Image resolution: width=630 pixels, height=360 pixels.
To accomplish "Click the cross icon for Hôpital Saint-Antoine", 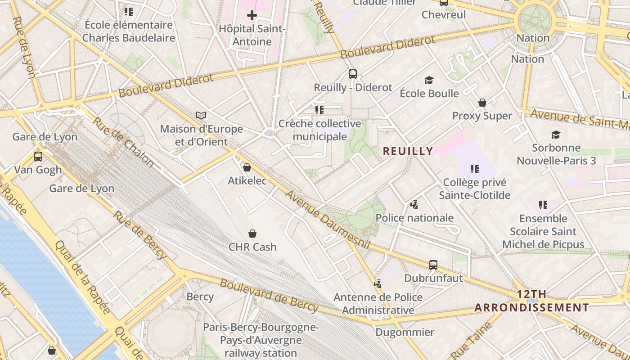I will [252, 15].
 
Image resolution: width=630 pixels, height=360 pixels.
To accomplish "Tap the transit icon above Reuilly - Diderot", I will [353, 74].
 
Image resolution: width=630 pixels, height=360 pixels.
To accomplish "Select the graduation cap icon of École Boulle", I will [429, 81].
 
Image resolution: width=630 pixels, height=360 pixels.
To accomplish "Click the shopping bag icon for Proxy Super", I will [482, 103].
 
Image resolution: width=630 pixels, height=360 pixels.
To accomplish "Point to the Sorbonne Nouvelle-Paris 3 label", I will [556, 154].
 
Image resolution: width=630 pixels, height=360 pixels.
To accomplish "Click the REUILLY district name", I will [408, 151].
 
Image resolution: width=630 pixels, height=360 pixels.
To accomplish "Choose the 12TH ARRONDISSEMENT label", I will [532, 301].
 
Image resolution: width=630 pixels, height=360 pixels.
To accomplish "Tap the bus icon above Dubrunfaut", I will [433, 265].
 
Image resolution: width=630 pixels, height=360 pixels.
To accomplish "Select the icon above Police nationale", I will [414, 205].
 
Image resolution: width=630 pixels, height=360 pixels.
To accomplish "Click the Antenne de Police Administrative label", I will [378, 304].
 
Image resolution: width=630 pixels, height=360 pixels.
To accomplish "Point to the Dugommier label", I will [405, 333].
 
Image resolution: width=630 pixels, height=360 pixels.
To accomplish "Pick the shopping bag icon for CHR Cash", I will [252, 234].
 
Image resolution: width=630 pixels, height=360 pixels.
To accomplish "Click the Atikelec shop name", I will [247, 181].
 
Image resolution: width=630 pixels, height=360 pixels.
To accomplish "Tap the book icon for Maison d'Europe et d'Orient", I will [201, 116].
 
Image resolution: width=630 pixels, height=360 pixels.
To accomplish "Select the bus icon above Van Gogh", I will [38, 157].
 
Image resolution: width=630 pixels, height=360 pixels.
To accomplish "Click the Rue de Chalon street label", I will [123, 141].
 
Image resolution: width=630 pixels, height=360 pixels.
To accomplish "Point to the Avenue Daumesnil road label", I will [327, 220].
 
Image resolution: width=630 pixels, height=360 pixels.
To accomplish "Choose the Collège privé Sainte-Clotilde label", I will [475, 189].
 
